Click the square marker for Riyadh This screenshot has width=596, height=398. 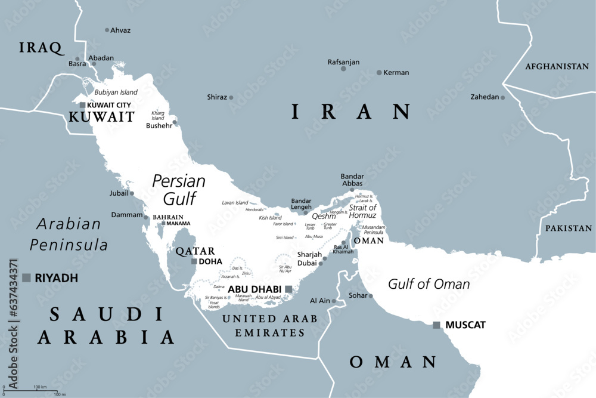(26, 277)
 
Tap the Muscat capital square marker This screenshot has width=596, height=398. (437, 325)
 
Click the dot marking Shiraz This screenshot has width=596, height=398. (231, 97)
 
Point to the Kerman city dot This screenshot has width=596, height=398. (379, 73)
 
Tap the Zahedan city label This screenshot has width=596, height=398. (485, 97)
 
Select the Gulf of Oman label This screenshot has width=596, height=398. (429, 284)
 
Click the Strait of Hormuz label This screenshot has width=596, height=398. (362, 211)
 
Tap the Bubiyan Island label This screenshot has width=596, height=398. (116, 92)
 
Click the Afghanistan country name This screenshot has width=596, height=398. (557, 67)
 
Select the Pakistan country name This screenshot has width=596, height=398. (569, 228)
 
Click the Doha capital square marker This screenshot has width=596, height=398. (194, 261)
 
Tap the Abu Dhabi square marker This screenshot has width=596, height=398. (288, 289)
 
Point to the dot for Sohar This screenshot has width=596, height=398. (370, 296)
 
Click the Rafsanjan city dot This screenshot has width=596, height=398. (343, 69)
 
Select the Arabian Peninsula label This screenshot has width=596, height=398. (69, 234)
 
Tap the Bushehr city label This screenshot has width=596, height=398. (159, 126)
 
